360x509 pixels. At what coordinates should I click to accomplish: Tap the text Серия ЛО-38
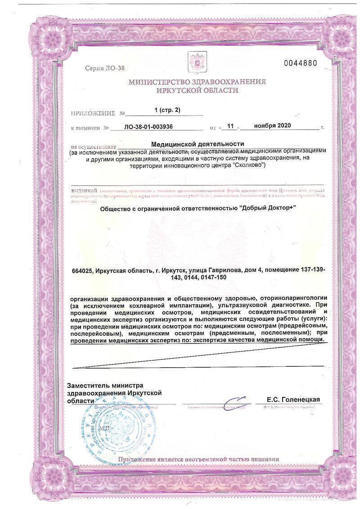(x=104, y=68)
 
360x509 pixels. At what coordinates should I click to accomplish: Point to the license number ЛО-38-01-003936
(x=154, y=127)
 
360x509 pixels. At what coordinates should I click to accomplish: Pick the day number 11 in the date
(x=230, y=127)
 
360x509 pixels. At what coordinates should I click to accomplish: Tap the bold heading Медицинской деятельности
(x=197, y=144)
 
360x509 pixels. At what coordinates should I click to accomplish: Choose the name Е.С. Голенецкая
(x=293, y=400)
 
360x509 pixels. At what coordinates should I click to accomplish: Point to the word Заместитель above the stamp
(x=87, y=386)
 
